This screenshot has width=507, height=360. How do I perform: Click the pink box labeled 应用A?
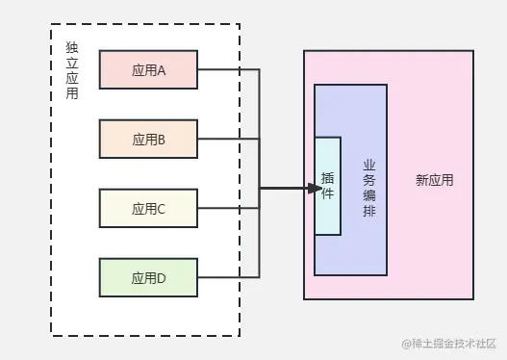[148, 69]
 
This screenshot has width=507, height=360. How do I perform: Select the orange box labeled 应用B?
[148, 139]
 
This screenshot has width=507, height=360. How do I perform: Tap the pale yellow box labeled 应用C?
[148, 208]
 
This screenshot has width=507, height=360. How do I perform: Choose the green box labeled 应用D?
[148, 277]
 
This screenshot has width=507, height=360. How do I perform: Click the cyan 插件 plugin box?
[327, 187]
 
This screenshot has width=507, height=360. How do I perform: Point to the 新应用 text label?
[434, 180]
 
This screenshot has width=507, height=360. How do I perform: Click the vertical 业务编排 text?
[369, 188]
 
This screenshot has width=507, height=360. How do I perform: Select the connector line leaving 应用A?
[229, 69]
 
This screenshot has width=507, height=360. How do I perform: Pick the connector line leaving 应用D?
[229, 277]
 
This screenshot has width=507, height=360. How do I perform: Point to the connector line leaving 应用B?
[229, 139]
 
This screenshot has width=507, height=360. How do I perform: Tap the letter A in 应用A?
[162, 70]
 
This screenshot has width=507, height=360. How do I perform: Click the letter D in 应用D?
[162, 278]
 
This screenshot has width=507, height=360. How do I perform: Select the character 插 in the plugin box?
[327, 179]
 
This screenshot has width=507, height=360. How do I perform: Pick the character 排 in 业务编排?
[369, 212]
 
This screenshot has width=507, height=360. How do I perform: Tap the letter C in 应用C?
[162, 209]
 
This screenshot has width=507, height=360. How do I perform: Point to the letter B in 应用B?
[162, 140]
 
